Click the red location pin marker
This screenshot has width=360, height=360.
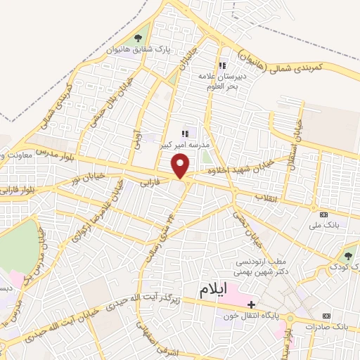[182, 166]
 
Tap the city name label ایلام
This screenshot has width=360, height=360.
[214, 293]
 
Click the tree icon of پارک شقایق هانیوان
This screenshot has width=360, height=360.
[137, 39]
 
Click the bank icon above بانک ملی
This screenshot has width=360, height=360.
[323, 214]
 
